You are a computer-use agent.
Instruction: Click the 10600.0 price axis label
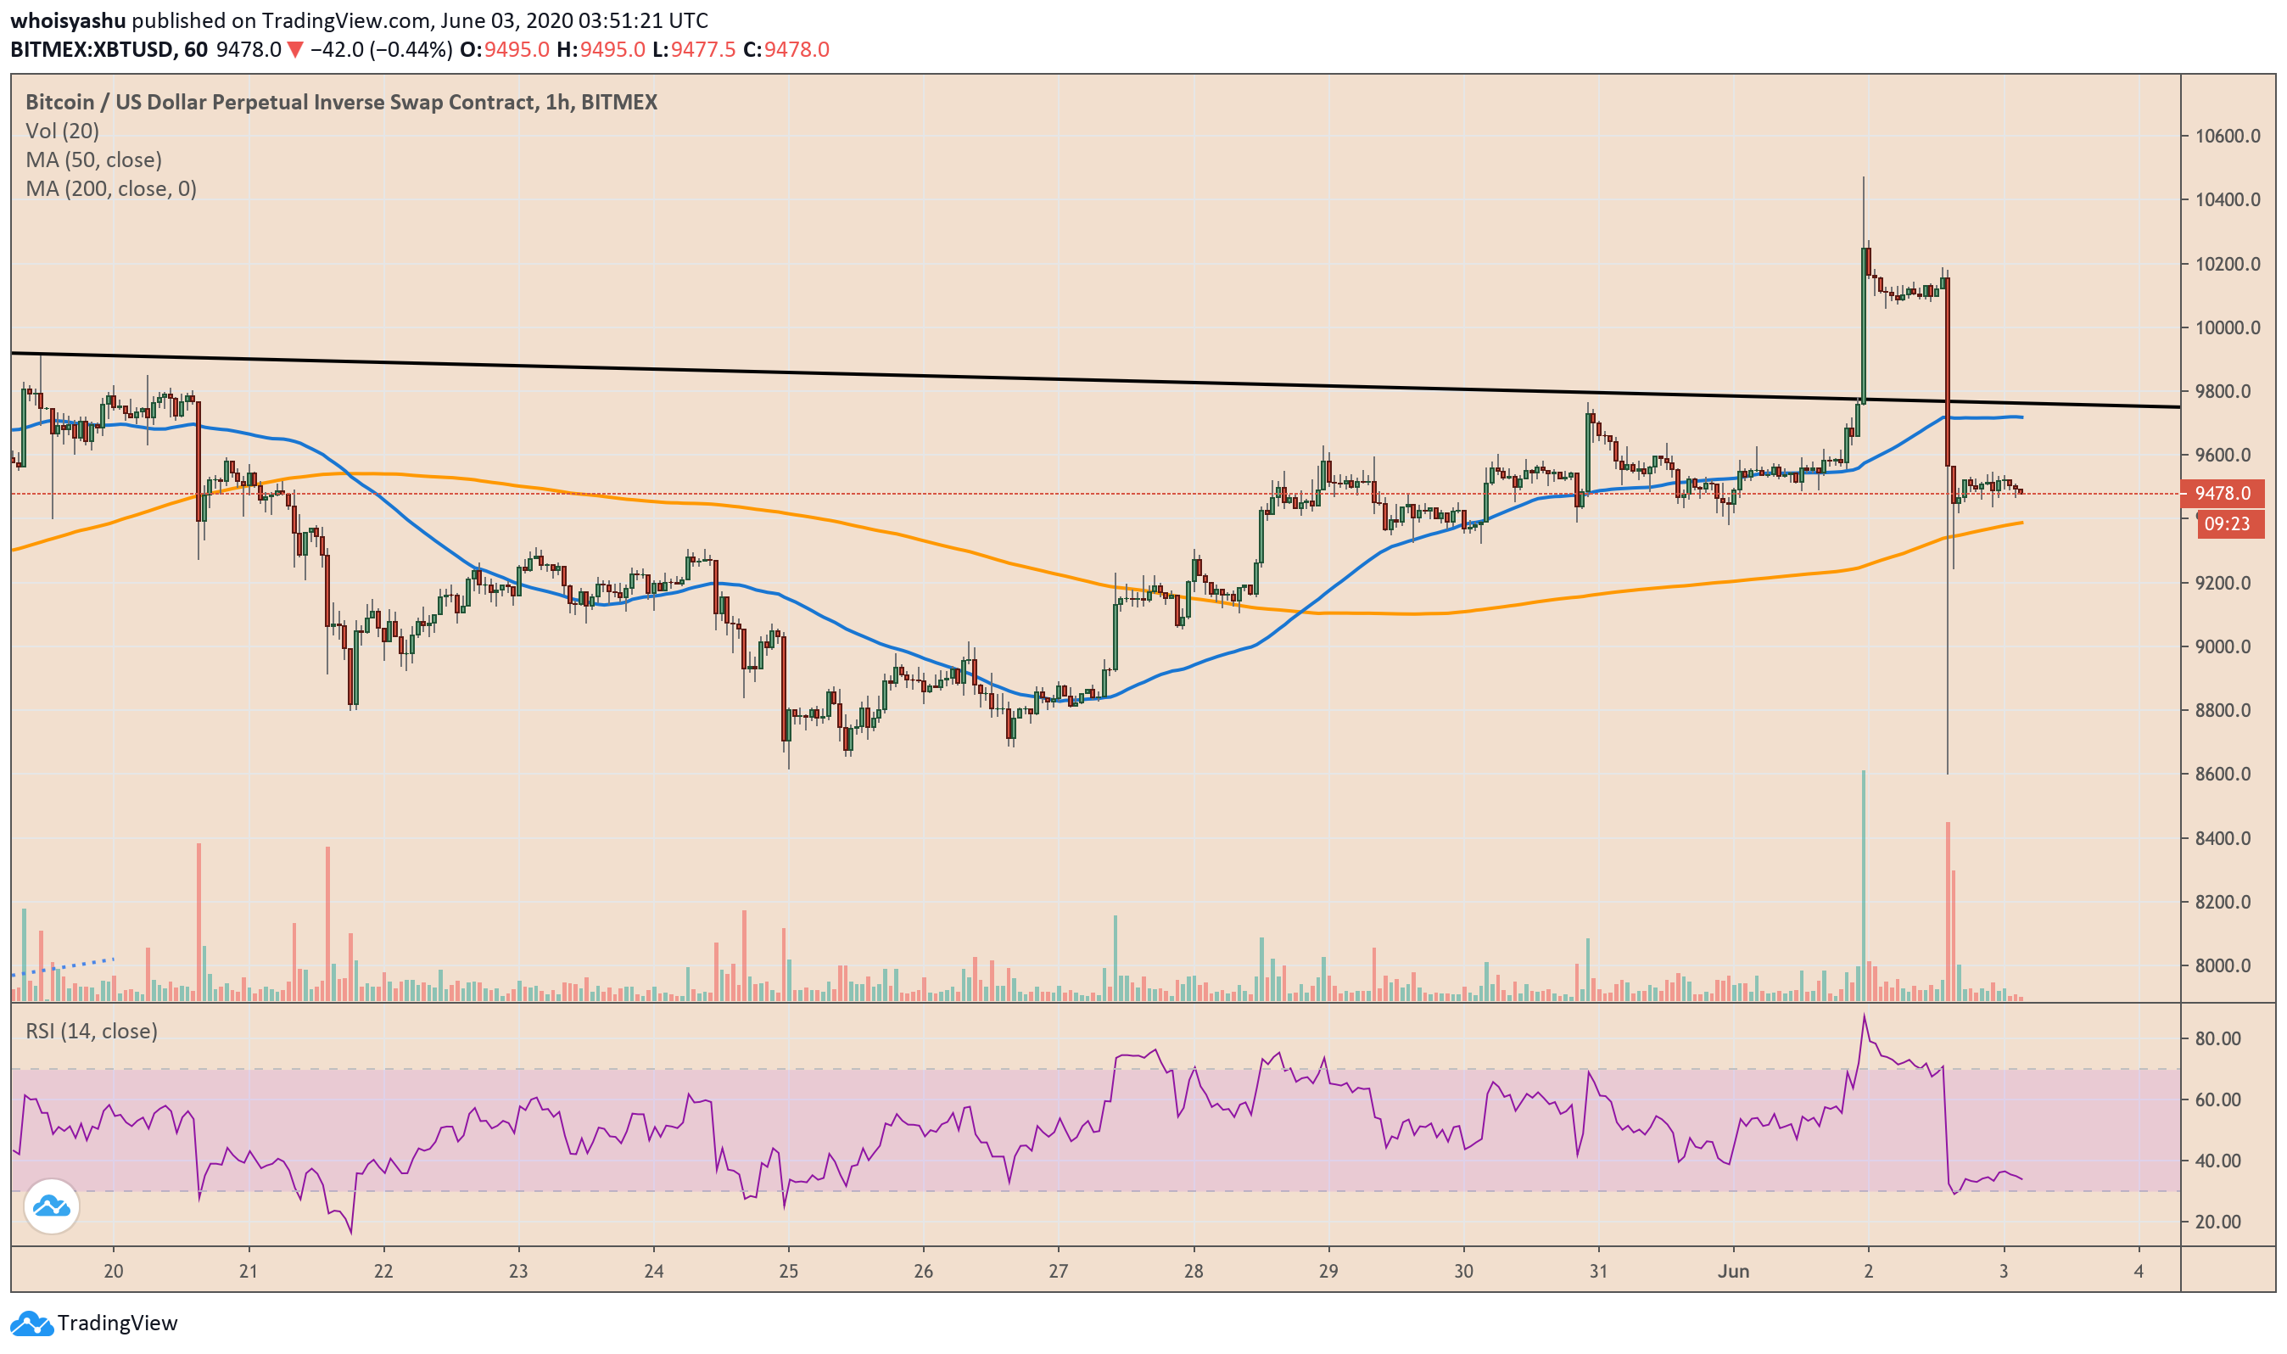(2227, 136)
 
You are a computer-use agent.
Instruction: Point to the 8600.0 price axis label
(2227, 774)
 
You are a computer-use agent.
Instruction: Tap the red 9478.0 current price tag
(2222, 494)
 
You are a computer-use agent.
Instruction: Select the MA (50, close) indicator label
(93, 159)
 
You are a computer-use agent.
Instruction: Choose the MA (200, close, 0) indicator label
(110, 189)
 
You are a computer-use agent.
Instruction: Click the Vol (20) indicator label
(62, 131)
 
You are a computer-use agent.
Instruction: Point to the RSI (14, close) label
(92, 1031)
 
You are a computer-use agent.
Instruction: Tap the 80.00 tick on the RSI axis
(2217, 1038)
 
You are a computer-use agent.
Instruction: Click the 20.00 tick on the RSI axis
(2217, 1222)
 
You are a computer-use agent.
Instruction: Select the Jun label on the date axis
(1732, 1271)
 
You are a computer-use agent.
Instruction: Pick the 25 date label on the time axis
(788, 1271)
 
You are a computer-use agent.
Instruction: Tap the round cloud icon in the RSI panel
(51, 1207)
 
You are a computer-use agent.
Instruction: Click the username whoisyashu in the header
(68, 20)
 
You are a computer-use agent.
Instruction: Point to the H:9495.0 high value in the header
(601, 49)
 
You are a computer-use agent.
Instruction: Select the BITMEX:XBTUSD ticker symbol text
(92, 49)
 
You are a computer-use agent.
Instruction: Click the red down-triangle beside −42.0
(294, 49)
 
